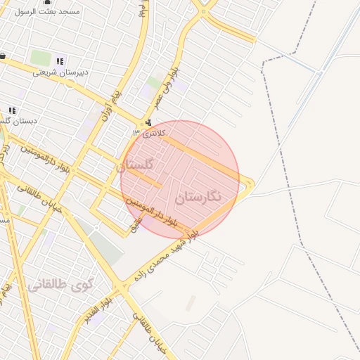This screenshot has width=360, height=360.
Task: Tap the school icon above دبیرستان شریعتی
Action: click(60, 61)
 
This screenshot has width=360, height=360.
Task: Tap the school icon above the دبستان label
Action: click(11, 110)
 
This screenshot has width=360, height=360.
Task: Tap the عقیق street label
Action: click(136, 224)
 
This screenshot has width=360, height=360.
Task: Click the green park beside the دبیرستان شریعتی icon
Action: click(41, 58)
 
